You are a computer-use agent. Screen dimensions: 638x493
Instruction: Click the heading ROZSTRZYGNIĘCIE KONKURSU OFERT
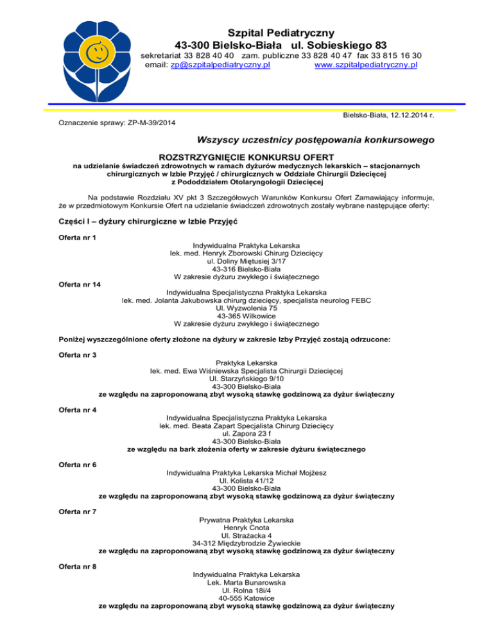(x=246, y=156)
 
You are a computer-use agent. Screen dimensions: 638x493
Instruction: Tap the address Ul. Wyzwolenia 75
(x=246, y=308)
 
